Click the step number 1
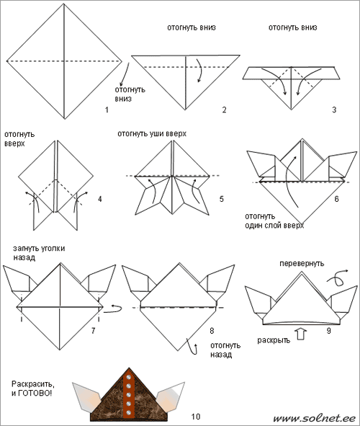coord(107,110)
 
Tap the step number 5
coord(221,199)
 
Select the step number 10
coord(196,417)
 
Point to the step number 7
coord(93,331)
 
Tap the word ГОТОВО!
coord(35,393)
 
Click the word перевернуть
coord(302,264)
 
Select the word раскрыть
coord(274,340)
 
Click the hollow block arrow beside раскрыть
coord(301,334)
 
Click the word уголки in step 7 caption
coord(53,249)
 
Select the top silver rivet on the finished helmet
coord(129,378)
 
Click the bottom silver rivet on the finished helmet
coord(129,413)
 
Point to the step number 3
coord(334,110)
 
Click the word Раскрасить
coord(33,384)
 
